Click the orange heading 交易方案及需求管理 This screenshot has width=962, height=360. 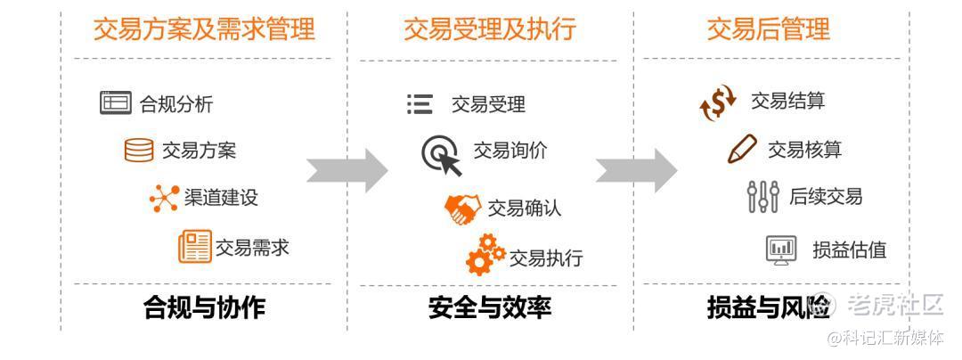click(x=204, y=29)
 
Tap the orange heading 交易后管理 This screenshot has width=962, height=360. click(x=768, y=29)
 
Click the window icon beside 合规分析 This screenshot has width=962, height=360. click(x=115, y=103)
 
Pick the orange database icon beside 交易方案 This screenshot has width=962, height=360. click(x=139, y=150)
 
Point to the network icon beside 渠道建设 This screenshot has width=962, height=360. click(x=164, y=198)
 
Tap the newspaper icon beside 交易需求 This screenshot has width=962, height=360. click(x=194, y=247)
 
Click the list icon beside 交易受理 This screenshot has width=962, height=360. click(x=420, y=104)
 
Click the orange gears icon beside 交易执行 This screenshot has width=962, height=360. click(x=485, y=255)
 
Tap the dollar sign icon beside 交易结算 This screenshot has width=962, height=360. click(x=718, y=102)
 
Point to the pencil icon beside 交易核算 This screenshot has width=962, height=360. click(x=742, y=149)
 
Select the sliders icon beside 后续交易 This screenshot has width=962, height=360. click(x=762, y=197)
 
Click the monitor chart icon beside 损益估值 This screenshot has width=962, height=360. click(x=781, y=250)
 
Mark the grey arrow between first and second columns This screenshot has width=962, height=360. click(x=346, y=168)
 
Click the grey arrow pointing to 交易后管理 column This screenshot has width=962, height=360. click(x=635, y=168)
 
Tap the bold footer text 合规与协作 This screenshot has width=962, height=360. click(x=204, y=308)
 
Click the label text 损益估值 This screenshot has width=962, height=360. click(x=849, y=250)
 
